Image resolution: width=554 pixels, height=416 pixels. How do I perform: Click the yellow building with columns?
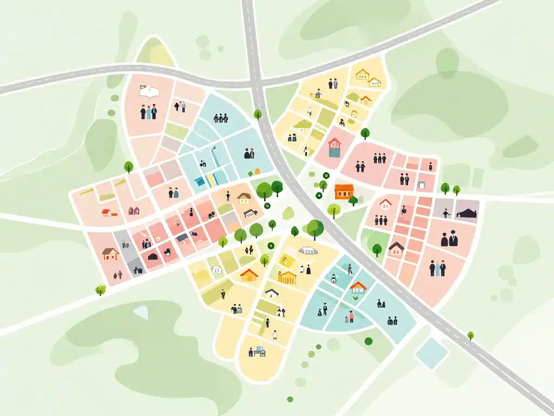click(x=287, y=277)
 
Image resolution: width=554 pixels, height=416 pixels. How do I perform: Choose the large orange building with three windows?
click(x=344, y=190)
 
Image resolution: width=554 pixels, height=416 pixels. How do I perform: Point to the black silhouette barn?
click(x=466, y=212)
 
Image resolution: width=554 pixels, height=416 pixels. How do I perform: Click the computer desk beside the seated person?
click(x=260, y=350)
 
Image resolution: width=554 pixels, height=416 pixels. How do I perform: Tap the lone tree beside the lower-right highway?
click(x=471, y=336)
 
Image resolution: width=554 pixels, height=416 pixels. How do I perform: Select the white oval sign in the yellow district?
click(x=307, y=250)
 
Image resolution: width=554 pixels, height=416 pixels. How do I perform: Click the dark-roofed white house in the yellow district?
click(x=272, y=292)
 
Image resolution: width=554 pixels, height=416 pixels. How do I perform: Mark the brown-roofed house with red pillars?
click(x=110, y=252)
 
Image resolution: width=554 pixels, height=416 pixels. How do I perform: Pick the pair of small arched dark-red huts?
click(x=134, y=210)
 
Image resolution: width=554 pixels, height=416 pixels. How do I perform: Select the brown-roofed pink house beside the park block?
click(x=396, y=249)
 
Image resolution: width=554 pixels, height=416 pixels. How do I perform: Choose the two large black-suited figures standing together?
click(x=449, y=238)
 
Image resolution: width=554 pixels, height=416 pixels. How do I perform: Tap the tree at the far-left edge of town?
click(x=100, y=290)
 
